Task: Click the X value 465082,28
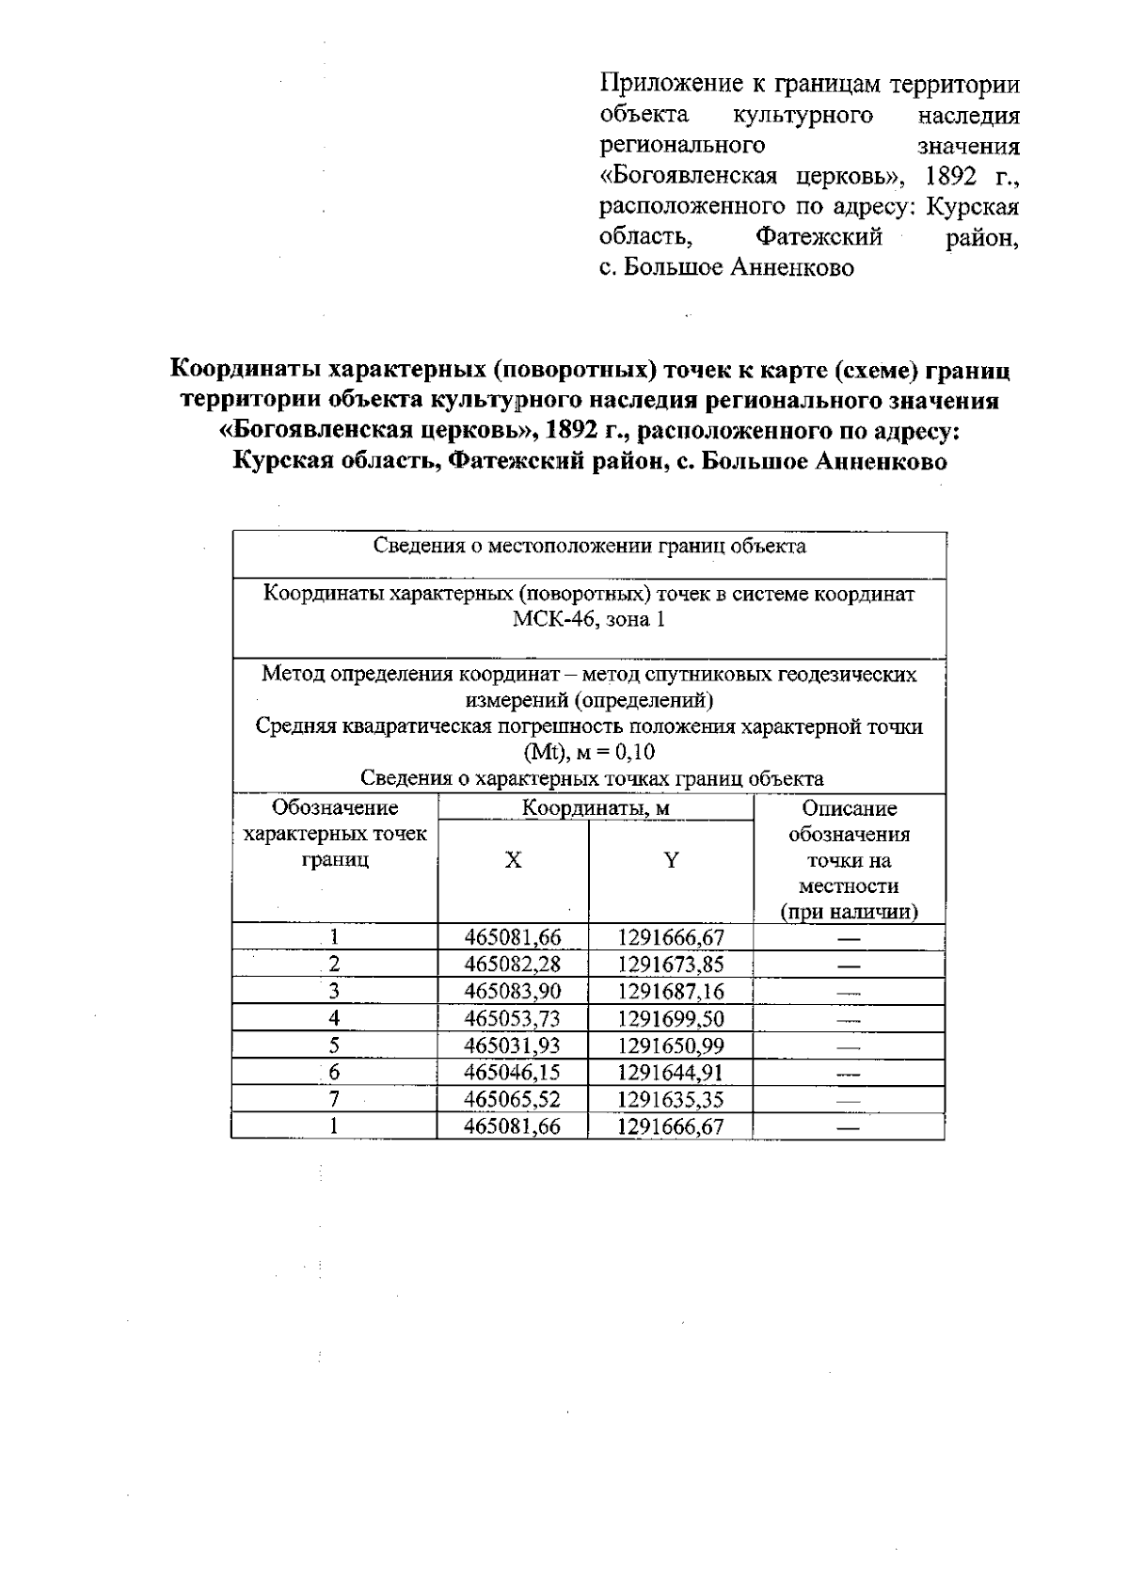pyautogui.click(x=513, y=965)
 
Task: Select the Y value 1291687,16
pyautogui.click(x=671, y=992)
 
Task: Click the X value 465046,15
pyautogui.click(x=513, y=1073)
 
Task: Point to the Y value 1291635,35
pyautogui.click(x=671, y=1100)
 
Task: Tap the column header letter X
pyautogui.click(x=513, y=861)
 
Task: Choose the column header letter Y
pyautogui.click(x=671, y=861)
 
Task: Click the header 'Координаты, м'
pyautogui.click(x=596, y=808)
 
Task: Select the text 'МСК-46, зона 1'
pyautogui.click(x=589, y=621)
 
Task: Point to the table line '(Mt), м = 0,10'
pyautogui.click(x=589, y=753)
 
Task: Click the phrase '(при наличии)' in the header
pyautogui.click(x=849, y=912)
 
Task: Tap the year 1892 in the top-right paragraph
pyautogui.click(x=954, y=177)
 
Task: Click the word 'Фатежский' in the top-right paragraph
pyautogui.click(x=819, y=238)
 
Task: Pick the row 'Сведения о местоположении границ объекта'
pyautogui.click(x=589, y=547)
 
